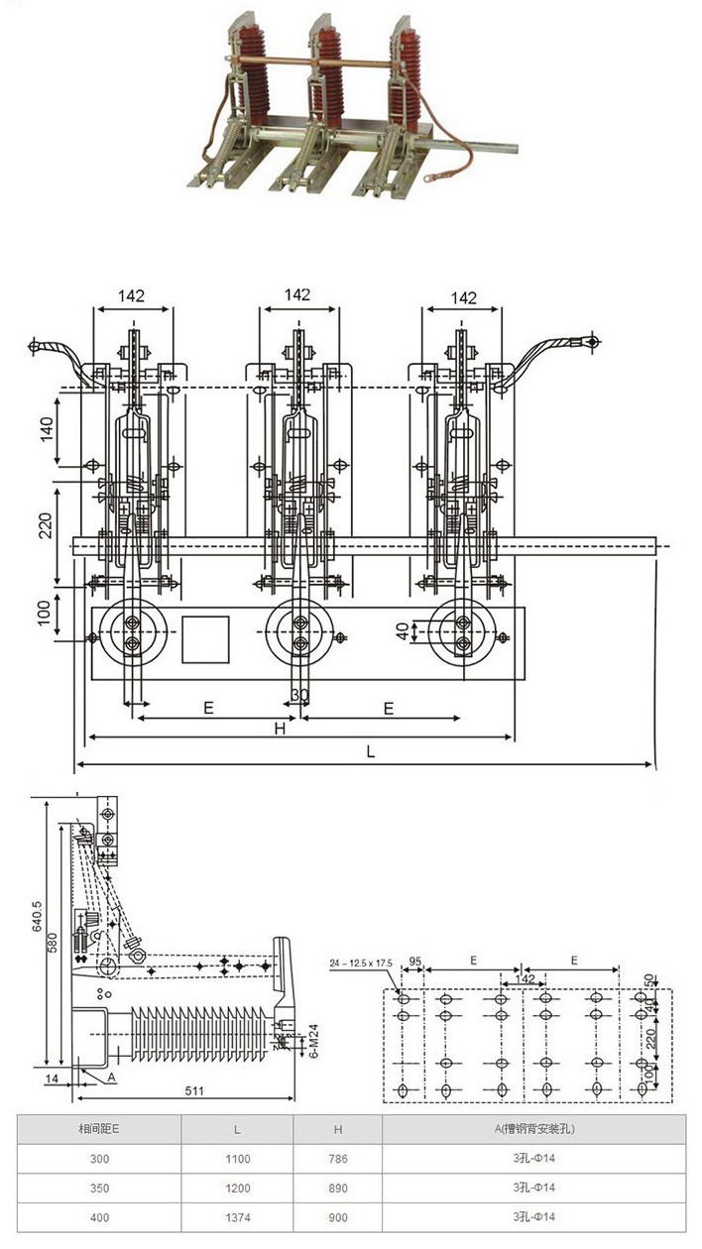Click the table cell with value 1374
tap(237, 1217)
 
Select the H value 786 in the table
tap(338, 1158)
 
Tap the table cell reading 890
tap(338, 1188)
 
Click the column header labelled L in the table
tap(237, 1129)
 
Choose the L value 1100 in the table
tap(237, 1158)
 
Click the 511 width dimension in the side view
tap(194, 1091)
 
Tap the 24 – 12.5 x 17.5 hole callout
tap(362, 963)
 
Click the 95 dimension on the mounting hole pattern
tap(414, 963)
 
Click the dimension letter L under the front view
tap(370, 752)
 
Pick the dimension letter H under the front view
tap(281, 729)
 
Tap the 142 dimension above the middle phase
tap(296, 295)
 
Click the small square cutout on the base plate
tap(205, 638)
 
